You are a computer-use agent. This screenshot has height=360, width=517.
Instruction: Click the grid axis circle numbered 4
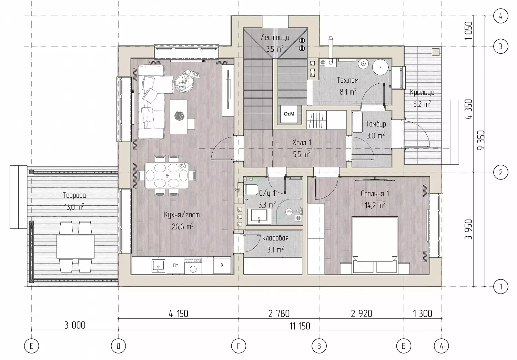[500, 16]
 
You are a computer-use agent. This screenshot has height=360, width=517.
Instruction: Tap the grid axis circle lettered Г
[239, 346]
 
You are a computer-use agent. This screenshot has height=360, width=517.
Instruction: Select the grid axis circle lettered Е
[31, 346]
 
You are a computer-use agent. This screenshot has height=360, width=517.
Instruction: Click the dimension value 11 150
[300, 326]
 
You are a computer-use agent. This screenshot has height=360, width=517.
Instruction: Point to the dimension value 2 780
[279, 313]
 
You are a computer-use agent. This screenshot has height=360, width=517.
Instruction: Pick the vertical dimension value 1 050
[469, 31]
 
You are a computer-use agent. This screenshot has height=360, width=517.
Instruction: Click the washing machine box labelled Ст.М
[289, 114]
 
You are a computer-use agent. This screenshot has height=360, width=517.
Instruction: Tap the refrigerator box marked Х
[222, 265]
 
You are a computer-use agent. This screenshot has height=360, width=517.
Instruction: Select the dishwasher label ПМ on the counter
[176, 265]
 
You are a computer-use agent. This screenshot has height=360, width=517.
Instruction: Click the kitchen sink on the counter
[158, 266]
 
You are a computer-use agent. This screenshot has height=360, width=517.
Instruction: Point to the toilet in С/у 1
[250, 189]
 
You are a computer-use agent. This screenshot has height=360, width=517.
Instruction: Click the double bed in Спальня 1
[375, 245]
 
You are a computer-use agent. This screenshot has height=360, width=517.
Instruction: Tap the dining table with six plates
[166, 176]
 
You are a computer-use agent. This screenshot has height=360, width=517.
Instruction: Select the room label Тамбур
[376, 124]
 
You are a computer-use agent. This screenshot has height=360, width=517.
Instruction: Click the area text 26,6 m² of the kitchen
[183, 226]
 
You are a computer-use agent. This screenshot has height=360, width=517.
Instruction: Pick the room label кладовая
[275, 238]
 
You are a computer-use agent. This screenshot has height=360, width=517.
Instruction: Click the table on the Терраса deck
[75, 247]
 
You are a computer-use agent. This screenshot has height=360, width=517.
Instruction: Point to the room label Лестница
[275, 37]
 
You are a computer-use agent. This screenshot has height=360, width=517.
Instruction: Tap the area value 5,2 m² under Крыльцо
[422, 104]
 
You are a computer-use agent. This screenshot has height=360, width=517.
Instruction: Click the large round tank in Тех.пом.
[381, 67]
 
